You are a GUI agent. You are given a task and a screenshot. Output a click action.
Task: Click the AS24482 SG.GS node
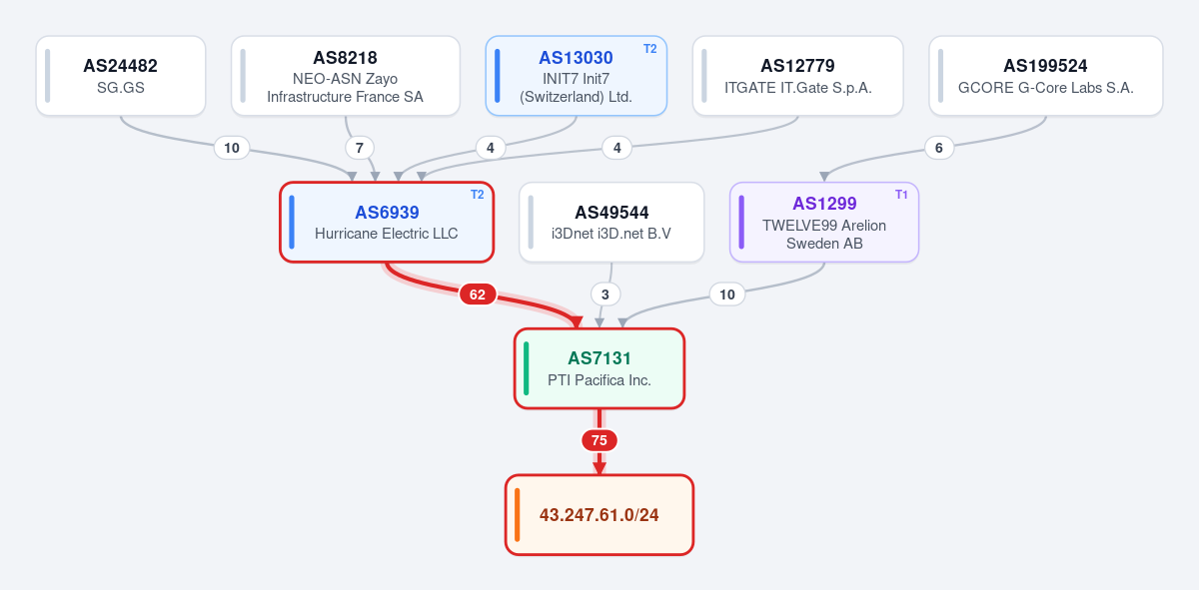click(x=121, y=76)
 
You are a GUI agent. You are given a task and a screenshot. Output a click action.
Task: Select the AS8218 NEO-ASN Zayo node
click(x=346, y=76)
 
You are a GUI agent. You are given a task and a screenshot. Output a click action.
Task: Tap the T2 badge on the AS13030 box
click(x=649, y=49)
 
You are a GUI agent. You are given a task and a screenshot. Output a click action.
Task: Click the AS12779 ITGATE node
click(x=798, y=76)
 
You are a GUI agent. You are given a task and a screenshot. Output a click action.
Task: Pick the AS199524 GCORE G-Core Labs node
click(x=1046, y=76)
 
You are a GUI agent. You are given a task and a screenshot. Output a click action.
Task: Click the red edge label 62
click(x=478, y=295)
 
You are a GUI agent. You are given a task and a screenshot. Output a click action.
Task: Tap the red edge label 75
click(x=599, y=440)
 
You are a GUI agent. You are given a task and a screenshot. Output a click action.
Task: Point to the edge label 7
click(x=360, y=148)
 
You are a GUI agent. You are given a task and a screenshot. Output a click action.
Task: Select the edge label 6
click(x=939, y=148)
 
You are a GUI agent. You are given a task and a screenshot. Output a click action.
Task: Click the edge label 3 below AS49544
click(x=605, y=295)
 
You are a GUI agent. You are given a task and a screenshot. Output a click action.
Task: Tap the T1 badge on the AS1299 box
click(x=901, y=195)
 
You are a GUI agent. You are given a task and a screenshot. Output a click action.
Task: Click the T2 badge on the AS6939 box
click(x=477, y=195)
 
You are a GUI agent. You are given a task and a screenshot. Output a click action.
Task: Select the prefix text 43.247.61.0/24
click(x=599, y=514)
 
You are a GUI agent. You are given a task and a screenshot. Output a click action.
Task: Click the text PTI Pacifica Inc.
click(x=599, y=380)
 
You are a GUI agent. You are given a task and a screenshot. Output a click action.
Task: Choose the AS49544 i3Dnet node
click(x=611, y=222)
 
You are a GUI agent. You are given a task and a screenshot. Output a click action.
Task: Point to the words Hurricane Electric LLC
click(x=387, y=234)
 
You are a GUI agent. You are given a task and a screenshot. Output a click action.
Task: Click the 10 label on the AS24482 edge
click(x=232, y=148)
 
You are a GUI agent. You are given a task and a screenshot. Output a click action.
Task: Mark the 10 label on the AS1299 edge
click(x=727, y=295)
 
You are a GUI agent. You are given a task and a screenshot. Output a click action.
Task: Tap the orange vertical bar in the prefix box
click(x=518, y=514)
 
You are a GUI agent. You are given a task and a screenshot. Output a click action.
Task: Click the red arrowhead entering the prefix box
click(x=599, y=468)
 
